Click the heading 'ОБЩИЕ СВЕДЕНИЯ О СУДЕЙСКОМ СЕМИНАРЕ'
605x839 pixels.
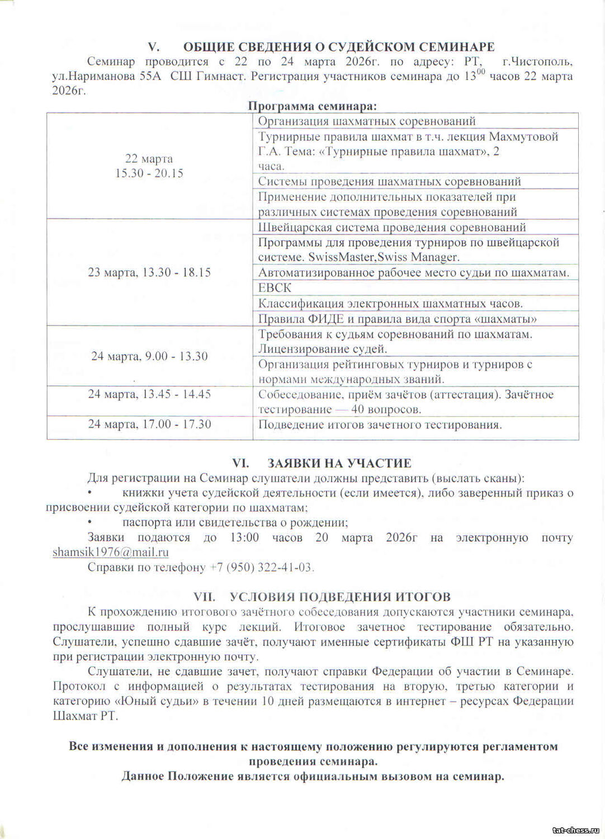(x=338, y=46)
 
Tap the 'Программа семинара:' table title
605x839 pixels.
(x=312, y=106)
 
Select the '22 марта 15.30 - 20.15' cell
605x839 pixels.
(x=149, y=166)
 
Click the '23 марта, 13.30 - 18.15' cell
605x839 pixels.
(x=149, y=272)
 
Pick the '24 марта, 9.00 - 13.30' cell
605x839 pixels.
(x=149, y=356)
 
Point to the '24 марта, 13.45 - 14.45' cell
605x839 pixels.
(x=149, y=394)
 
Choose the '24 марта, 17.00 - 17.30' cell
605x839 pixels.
(x=149, y=424)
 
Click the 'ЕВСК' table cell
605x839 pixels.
(x=275, y=288)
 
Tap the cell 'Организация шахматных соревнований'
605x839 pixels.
(x=367, y=121)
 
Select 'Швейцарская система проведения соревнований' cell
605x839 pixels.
(x=391, y=227)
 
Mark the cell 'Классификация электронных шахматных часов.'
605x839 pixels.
(x=390, y=304)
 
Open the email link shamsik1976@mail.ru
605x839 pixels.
(x=111, y=552)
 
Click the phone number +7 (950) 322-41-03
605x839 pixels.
(x=261, y=567)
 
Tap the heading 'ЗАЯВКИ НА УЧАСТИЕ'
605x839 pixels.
(x=339, y=463)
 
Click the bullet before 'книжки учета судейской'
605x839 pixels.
(x=90, y=493)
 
